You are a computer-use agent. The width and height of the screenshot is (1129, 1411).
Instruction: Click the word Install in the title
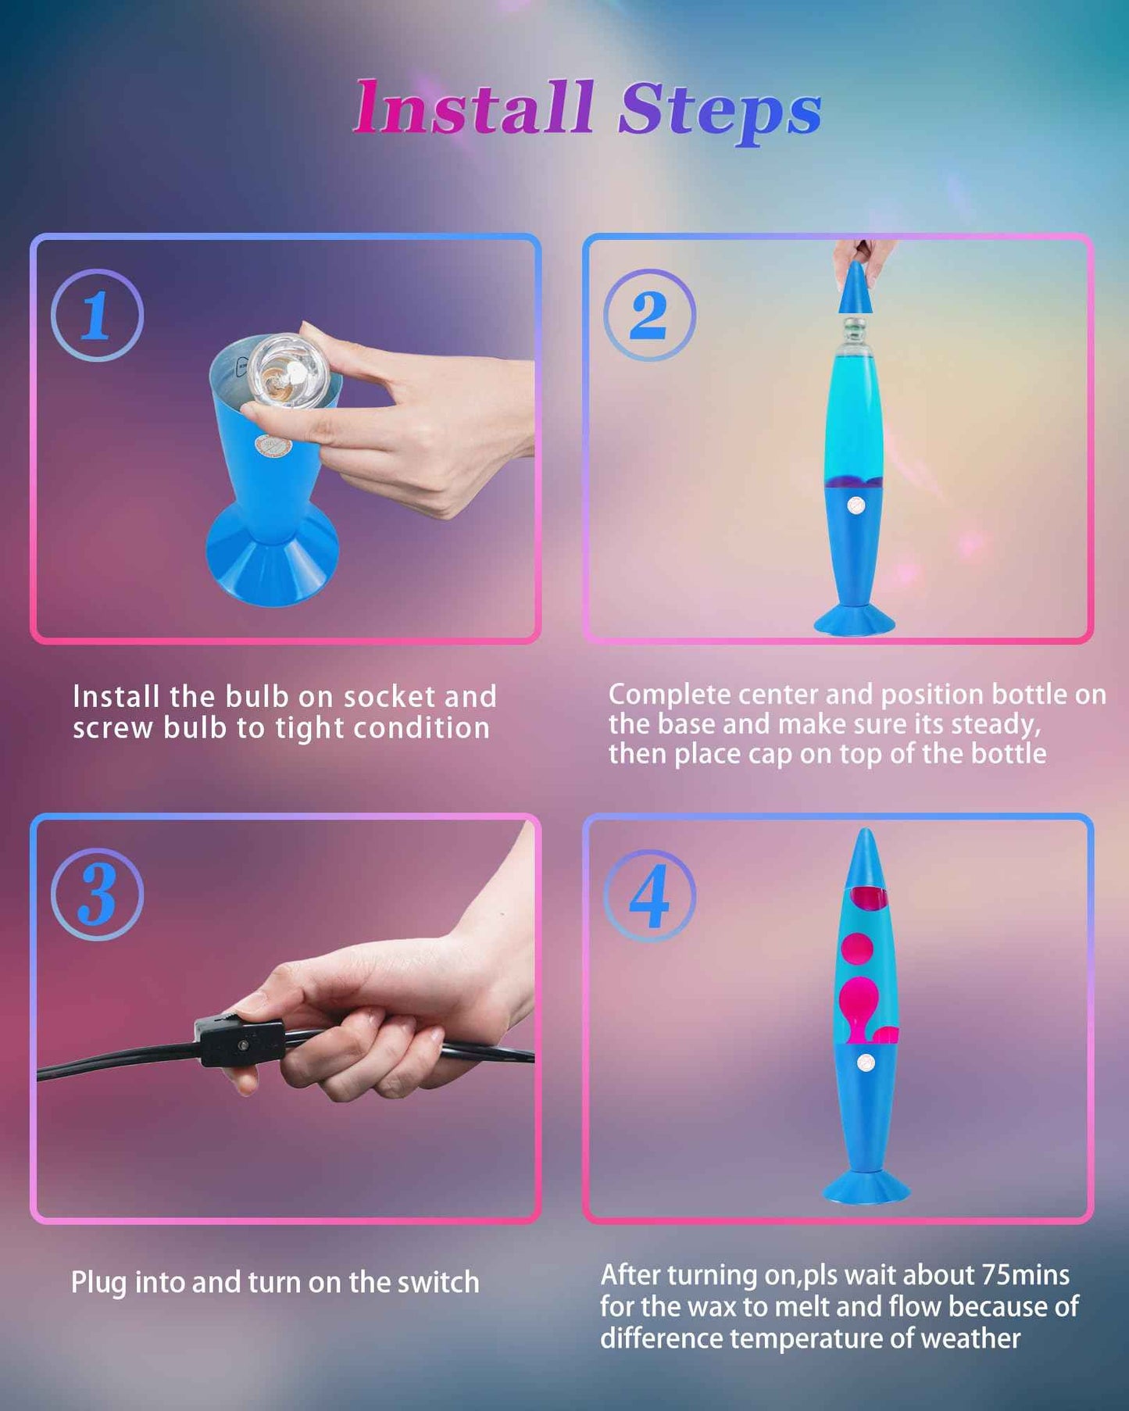[473, 109]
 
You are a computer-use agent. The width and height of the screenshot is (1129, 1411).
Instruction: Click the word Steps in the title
[719, 111]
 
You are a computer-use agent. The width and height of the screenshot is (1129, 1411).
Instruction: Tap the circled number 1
[97, 315]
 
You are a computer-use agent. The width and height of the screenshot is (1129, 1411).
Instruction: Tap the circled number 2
[649, 315]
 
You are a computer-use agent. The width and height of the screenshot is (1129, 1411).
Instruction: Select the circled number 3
[97, 895]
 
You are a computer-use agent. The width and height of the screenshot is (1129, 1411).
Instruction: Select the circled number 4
[649, 895]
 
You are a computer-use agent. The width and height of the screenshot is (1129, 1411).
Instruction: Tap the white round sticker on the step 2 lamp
[856, 505]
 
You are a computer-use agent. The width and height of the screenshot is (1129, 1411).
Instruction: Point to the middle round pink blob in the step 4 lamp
[857, 948]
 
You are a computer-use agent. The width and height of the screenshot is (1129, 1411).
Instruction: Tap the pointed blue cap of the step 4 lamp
[865, 859]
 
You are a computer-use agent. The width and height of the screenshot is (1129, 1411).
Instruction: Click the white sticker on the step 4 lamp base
[865, 1063]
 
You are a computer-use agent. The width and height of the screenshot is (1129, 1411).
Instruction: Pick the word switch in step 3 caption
[438, 1283]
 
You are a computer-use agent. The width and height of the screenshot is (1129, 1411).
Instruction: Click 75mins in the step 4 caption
[1025, 1275]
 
